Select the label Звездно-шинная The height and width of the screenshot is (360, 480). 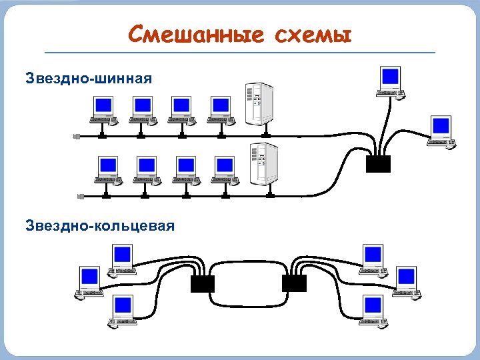point(88,79)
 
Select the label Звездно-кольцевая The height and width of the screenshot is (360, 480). point(100,225)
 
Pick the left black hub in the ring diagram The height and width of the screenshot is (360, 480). point(202,283)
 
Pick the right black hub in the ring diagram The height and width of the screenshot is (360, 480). point(294,283)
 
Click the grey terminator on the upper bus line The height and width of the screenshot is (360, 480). point(76,136)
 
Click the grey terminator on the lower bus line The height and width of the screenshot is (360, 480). point(80,196)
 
